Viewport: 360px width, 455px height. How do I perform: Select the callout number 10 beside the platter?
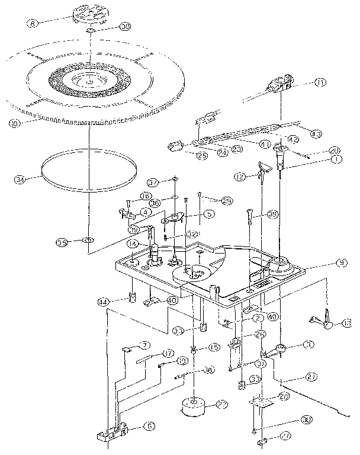pyautogui.click(x=14, y=123)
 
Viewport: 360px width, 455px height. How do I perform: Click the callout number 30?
pyautogui.click(x=307, y=419)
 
